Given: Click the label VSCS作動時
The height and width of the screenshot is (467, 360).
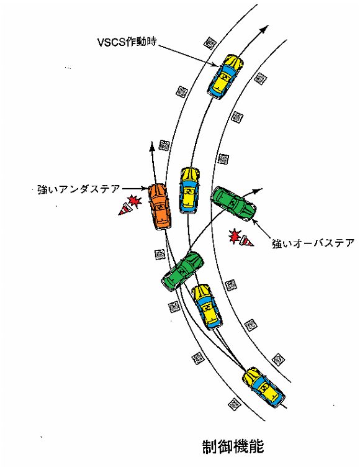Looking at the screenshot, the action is pos(127,42).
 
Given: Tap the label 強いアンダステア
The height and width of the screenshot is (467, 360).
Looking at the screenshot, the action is pos(79,189).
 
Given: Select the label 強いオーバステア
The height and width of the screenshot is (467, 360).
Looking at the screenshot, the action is pos(313,243).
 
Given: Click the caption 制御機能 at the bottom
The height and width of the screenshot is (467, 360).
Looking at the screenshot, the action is pos(233,447).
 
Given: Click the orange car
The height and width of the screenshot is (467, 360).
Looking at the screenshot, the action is pos(160,206).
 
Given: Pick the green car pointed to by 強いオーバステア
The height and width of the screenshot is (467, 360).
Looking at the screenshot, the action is pos(234,204).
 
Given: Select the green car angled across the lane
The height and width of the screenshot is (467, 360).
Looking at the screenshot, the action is pos(182,271).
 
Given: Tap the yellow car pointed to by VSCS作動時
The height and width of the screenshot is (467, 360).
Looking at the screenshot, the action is pos(226,76).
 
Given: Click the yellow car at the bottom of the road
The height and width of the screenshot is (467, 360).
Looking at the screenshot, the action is pos(264,388).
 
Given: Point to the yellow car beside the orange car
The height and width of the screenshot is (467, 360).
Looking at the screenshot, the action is pos(189,191).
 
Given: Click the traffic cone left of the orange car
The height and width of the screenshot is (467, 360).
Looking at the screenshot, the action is pos(125,209).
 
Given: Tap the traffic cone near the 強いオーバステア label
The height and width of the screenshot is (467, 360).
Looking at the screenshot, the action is pos(246,241).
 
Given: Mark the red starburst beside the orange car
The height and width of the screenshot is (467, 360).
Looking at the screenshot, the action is pos(135,201).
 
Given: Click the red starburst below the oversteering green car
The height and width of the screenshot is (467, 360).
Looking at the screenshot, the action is pos(235,235).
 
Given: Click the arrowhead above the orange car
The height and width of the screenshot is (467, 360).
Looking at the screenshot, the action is pos(152,146).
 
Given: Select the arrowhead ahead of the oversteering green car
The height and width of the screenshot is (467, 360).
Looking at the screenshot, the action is pos(258,190).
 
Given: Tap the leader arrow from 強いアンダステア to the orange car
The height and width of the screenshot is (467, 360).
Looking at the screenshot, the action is pos(135,189).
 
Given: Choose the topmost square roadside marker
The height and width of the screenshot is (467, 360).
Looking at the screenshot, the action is pos(210,43).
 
